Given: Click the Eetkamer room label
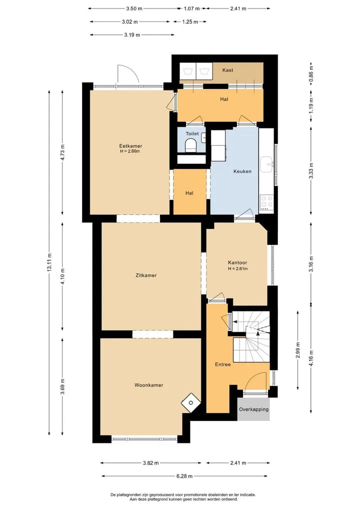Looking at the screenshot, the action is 130,146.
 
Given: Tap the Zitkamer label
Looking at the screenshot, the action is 146,275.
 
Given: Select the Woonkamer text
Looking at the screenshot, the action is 149,385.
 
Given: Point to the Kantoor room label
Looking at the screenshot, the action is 237,263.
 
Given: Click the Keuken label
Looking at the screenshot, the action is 242,171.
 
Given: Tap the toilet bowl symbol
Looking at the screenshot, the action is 190,145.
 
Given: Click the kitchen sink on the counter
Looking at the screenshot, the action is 267,164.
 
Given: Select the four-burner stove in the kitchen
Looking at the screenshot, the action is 266,202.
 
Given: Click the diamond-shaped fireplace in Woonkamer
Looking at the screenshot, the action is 190,403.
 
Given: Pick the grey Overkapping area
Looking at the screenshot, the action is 253,409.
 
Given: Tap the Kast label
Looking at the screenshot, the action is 227,70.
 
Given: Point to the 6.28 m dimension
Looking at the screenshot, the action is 184,476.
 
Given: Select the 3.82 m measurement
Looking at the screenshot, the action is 151,463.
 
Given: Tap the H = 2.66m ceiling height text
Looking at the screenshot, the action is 129,151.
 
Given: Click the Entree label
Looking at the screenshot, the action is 223,365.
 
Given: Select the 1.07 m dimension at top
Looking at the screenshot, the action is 191,9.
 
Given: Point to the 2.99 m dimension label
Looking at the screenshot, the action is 298,351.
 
